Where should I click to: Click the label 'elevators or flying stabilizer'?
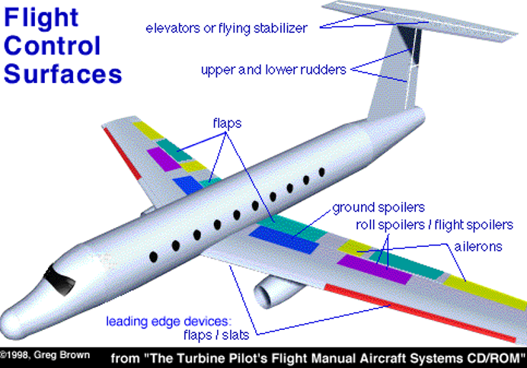[226, 29]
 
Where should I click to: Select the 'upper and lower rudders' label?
[273, 69]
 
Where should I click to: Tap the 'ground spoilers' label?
[378, 207]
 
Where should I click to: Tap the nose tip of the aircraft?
[9, 315]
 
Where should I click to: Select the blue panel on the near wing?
[285, 238]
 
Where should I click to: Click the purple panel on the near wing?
[374, 268]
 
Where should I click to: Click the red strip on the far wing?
[122, 152]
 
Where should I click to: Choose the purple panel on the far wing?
[163, 158]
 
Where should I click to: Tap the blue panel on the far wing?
[187, 184]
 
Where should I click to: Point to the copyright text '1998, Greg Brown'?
[46, 354]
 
